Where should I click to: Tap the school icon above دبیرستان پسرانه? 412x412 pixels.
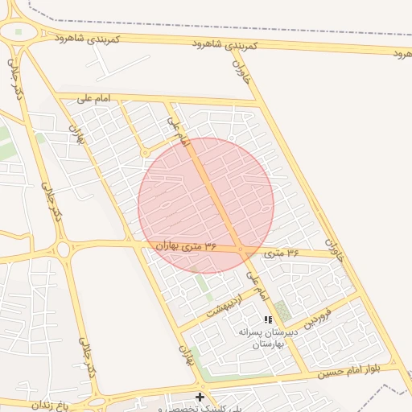(268, 319)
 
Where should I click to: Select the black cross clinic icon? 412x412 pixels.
(200, 397)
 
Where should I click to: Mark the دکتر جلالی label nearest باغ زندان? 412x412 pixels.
(87, 357)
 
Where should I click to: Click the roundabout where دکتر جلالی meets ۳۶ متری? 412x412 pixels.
(63, 250)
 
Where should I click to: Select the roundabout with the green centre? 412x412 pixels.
(19, 33)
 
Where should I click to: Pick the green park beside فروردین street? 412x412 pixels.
(282, 311)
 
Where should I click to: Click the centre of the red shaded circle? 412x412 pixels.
(206, 205)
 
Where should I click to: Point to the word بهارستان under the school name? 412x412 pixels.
(269, 344)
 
